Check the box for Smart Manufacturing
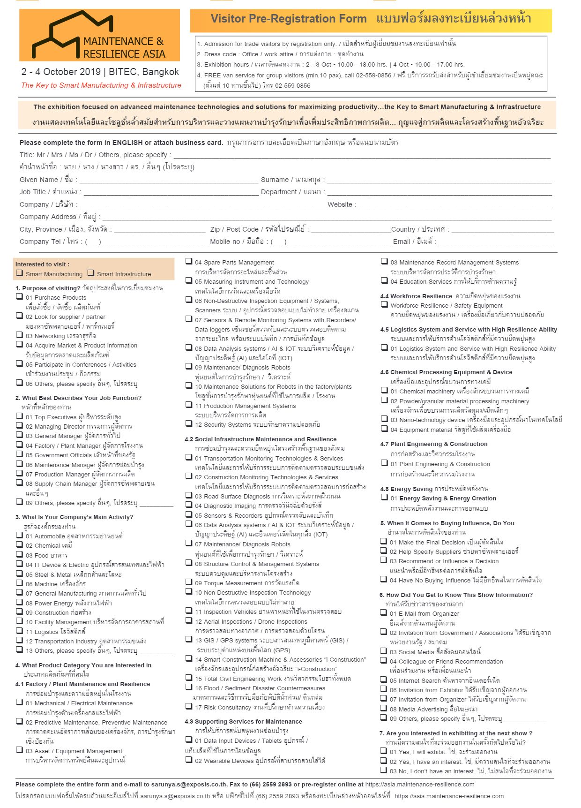tap(20, 273)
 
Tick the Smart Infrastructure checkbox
tap(91, 273)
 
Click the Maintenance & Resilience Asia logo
tap(99, 36)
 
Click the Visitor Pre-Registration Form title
tap(289, 19)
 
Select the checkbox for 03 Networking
tap(20, 335)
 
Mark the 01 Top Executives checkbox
tap(20, 416)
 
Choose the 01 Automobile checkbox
tap(20, 535)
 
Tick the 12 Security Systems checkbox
tap(189, 423)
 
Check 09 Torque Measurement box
tap(189, 582)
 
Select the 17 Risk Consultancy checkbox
tap(189, 706)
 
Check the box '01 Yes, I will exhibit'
tap(384, 751)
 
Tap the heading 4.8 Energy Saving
tap(406, 489)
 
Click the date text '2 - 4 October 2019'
tap(61, 72)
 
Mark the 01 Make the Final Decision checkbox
tap(384, 541)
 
